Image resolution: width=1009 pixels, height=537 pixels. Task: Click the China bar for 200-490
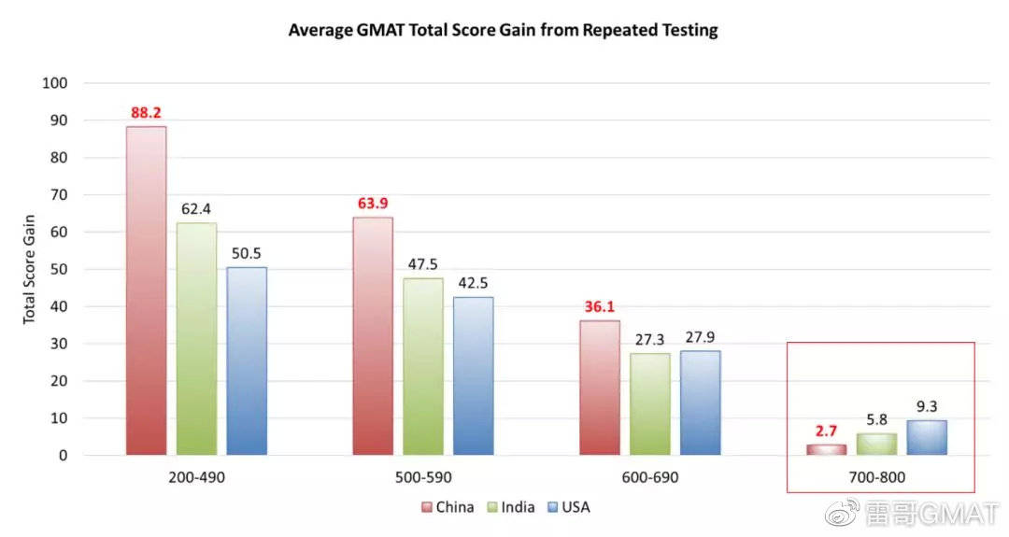coord(146,290)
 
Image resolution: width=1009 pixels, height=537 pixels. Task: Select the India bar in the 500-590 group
coord(423,367)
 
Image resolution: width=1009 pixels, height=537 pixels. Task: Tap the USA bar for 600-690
coord(700,403)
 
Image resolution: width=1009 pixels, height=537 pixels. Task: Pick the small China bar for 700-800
coord(826,449)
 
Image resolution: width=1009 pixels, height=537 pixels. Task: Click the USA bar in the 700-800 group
coord(927,437)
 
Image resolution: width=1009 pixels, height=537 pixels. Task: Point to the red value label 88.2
coord(146,113)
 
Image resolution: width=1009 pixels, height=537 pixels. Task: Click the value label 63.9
coord(373,204)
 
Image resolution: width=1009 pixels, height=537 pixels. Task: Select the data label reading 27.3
coord(649,340)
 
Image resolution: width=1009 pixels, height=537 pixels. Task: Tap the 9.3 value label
coord(927,406)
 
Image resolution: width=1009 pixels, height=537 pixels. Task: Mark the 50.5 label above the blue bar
coord(247,253)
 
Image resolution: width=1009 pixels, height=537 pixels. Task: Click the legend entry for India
coord(511,507)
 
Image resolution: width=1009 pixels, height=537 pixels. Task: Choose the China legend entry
coord(448,507)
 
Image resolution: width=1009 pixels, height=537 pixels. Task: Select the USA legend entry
coord(568,507)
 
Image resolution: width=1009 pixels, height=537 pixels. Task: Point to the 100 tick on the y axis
coord(55,83)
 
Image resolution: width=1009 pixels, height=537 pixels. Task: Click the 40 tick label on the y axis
coord(59,306)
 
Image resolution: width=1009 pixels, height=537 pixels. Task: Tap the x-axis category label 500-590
coord(423,477)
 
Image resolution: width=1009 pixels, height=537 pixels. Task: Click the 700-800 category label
coord(876,477)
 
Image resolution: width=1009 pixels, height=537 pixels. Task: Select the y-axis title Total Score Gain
coord(29,270)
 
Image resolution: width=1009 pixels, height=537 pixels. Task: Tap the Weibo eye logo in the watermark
coord(842,513)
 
